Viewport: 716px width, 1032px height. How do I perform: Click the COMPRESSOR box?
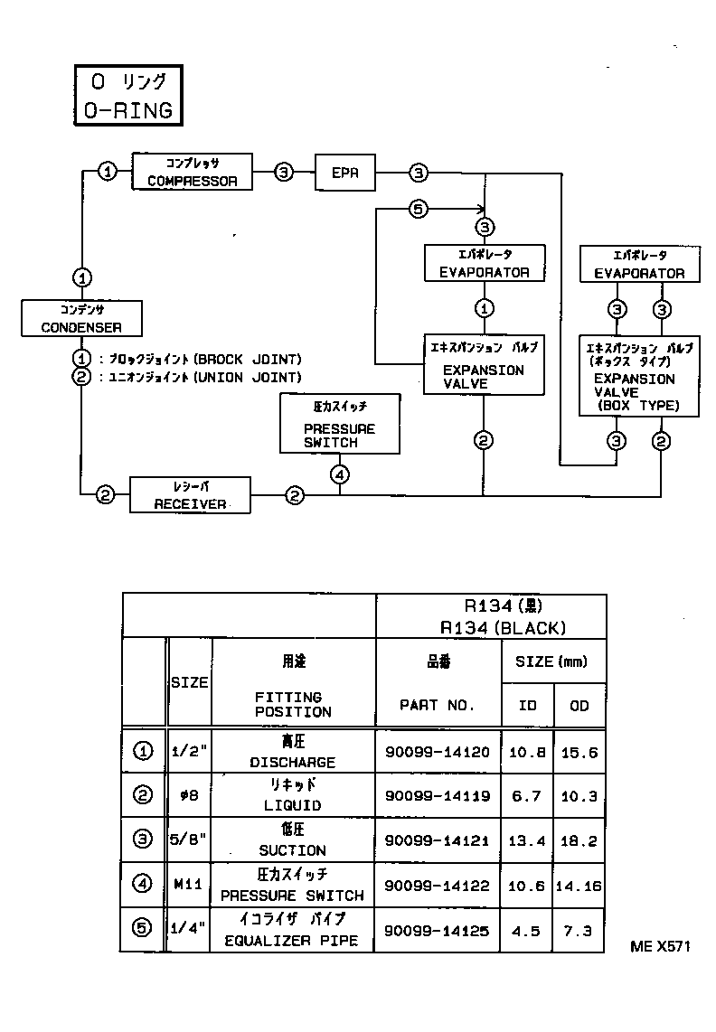click(192, 172)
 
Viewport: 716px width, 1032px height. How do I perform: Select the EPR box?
click(344, 172)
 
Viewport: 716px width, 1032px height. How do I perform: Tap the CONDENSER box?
click(81, 318)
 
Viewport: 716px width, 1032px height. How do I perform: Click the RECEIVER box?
click(190, 495)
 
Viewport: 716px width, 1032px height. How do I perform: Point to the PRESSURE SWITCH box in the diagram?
click(339, 423)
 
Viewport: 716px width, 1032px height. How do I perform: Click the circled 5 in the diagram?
click(417, 210)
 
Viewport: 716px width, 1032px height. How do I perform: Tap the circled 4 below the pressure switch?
click(340, 474)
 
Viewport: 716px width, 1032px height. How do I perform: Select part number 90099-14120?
click(438, 751)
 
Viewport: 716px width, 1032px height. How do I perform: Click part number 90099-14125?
click(438, 930)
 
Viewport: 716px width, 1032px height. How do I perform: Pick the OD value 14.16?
click(579, 886)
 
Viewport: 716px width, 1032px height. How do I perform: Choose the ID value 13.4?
click(526, 840)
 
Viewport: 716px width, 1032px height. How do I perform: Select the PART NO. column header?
click(438, 705)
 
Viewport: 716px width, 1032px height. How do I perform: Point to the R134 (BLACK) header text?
click(503, 627)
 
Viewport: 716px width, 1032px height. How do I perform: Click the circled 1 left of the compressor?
click(108, 172)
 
